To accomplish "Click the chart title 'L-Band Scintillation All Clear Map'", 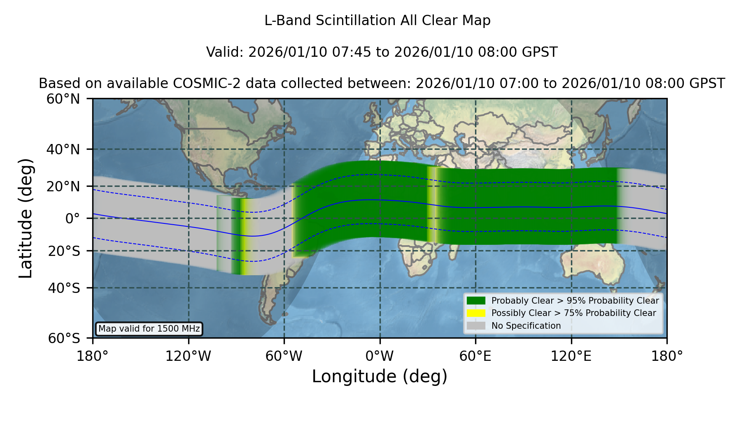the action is pyautogui.click(x=377, y=21).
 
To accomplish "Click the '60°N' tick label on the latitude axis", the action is pyautogui.click(x=63, y=99).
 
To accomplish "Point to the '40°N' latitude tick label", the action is pyautogui.click(x=63, y=149).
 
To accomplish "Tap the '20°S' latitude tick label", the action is pyautogui.click(x=64, y=251).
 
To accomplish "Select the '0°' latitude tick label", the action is pyautogui.click(x=73, y=218).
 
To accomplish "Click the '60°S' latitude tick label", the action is pyautogui.click(x=64, y=339).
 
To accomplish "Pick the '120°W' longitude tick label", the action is pyautogui.click(x=188, y=356).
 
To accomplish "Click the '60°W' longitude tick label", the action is pyautogui.click(x=284, y=356).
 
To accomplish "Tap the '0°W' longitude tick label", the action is pyautogui.click(x=380, y=356).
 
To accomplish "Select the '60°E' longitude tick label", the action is pyautogui.click(x=475, y=356).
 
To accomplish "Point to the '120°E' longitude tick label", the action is pyautogui.click(x=571, y=356).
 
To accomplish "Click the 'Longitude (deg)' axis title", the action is pyautogui.click(x=380, y=376).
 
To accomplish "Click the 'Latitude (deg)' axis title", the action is pyautogui.click(x=26, y=218).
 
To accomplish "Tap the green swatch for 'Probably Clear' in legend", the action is pyautogui.click(x=476, y=301).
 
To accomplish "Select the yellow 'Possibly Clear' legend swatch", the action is pyautogui.click(x=476, y=313).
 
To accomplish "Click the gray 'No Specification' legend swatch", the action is pyautogui.click(x=476, y=326).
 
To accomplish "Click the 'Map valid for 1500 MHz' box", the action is pyautogui.click(x=149, y=329).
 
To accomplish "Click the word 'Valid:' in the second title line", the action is pyautogui.click(x=225, y=52).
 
